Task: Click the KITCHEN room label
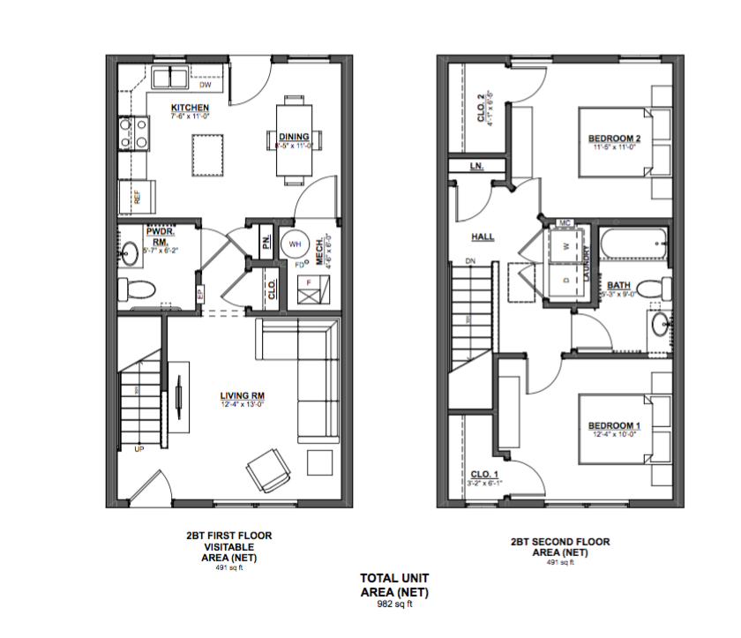(x=190, y=108)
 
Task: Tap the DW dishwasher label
(x=204, y=86)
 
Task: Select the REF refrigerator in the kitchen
(x=137, y=196)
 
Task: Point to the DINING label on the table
(x=294, y=137)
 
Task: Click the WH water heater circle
(x=295, y=244)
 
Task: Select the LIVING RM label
(x=242, y=395)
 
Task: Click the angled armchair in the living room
(x=267, y=470)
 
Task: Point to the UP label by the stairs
(x=138, y=449)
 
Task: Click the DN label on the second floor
(x=470, y=261)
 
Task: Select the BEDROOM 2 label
(x=614, y=139)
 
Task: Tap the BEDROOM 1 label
(x=614, y=427)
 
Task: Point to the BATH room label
(x=617, y=285)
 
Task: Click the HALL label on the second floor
(x=483, y=236)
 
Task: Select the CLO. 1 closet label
(x=483, y=475)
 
